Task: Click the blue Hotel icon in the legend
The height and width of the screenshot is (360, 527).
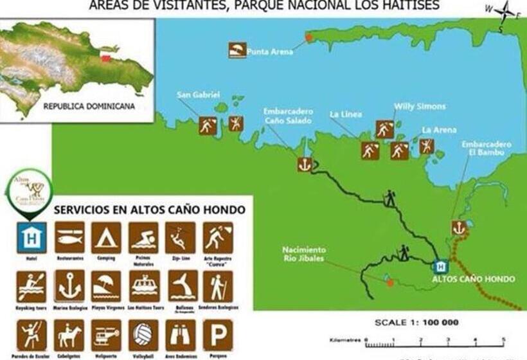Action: (x=32, y=238)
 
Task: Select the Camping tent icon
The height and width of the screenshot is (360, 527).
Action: (x=106, y=238)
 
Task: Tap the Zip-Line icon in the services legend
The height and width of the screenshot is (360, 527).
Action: (x=180, y=238)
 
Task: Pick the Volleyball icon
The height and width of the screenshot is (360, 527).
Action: (x=143, y=334)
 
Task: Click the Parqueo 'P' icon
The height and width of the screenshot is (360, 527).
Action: (x=218, y=334)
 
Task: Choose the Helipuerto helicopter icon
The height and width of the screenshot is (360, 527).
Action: (x=106, y=334)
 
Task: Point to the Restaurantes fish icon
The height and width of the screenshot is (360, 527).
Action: (x=69, y=238)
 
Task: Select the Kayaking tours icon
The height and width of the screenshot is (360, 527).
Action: (x=32, y=286)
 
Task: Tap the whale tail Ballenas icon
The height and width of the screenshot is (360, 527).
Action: (x=180, y=286)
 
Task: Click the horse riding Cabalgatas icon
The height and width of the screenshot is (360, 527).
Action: (x=69, y=334)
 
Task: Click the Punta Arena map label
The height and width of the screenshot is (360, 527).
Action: (x=270, y=51)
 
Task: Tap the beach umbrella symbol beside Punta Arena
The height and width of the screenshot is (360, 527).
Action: (x=237, y=50)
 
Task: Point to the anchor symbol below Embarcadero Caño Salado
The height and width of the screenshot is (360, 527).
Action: (x=304, y=164)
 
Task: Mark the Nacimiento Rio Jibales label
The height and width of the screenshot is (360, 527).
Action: (x=304, y=254)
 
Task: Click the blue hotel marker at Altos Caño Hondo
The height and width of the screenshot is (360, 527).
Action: (x=441, y=266)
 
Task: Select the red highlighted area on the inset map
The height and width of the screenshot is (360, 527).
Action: (x=105, y=59)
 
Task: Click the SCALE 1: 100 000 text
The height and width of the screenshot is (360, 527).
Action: (x=416, y=322)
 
